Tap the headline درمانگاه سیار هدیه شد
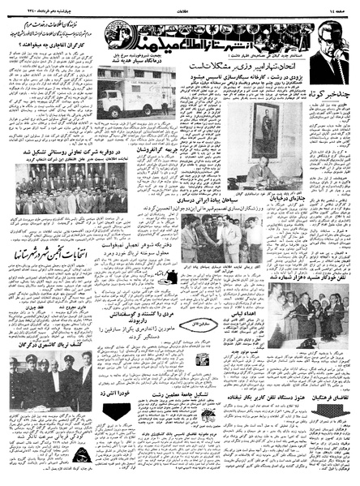(x=134, y=74)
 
